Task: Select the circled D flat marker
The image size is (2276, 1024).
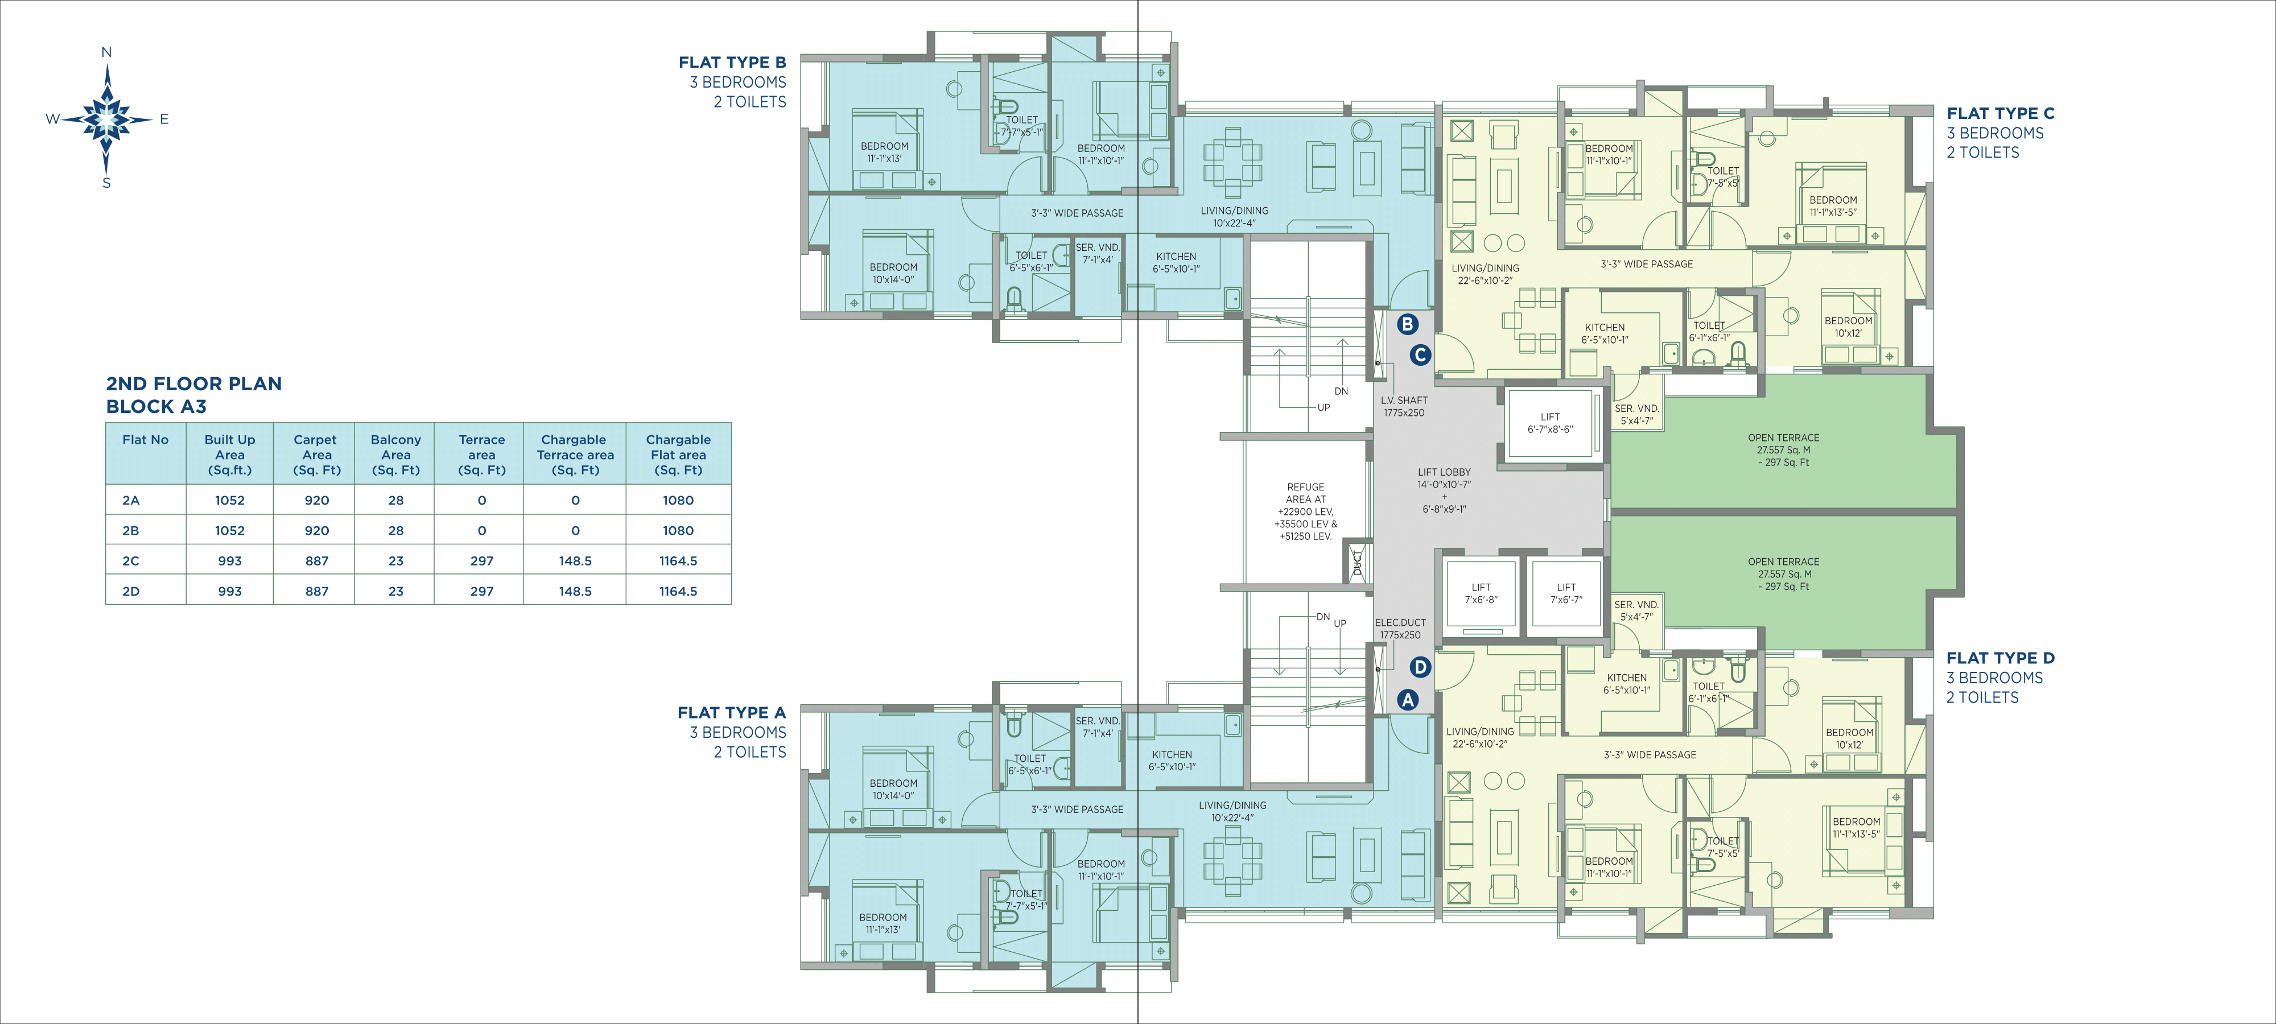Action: (1420, 667)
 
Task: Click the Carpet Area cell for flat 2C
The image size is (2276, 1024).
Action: (316, 561)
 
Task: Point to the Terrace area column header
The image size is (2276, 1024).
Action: (481, 454)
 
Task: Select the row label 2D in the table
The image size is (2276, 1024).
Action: (131, 591)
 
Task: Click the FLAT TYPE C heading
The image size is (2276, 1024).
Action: (2001, 113)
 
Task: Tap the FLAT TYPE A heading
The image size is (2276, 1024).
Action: (732, 712)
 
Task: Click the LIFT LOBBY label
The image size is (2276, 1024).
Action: (1445, 472)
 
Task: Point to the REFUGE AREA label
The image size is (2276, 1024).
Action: (1306, 493)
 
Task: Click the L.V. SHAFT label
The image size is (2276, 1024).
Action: (1404, 400)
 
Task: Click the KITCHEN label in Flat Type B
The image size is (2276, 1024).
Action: (1176, 256)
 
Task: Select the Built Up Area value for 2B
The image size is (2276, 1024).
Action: (230, 530)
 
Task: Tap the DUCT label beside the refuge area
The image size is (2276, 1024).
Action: (1358, 563)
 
